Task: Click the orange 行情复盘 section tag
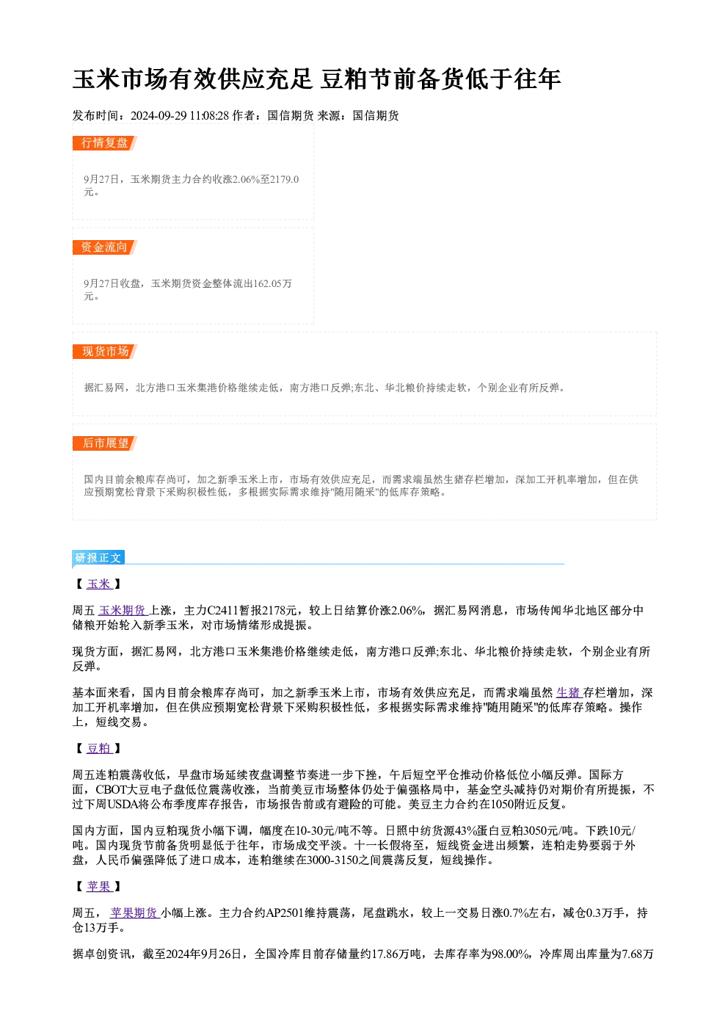(x=105, y=143)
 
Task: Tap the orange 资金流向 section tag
(x=105, y=247)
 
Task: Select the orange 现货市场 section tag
(x=105, y=352)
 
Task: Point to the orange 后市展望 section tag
(x=105, y=443)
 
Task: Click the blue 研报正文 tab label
(x=98, y=558)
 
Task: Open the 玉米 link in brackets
(x=99, y=584)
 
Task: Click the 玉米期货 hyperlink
(x=123, y=610)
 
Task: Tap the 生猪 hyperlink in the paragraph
(x=569, y=692)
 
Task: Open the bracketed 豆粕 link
(x=99, y=749)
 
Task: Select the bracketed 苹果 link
(x=99, y=887)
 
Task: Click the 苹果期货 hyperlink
(x=134, y=913)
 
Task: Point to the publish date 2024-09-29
(x=159, y=115)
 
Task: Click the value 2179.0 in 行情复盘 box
(x=284, y=179)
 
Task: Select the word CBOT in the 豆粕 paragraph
(x=112, y=789)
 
